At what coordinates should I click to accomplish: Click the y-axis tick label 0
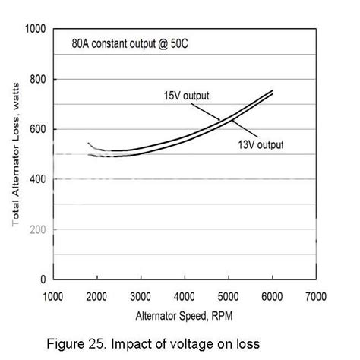[43, 279]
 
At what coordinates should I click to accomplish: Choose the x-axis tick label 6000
[272, 296]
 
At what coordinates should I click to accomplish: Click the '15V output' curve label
[186, 96]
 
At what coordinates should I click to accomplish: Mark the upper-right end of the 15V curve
[273, 90]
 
